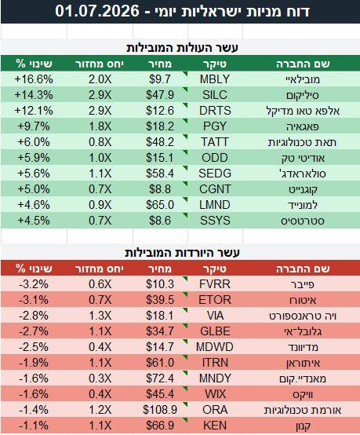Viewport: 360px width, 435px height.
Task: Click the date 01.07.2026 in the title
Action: coord(97,11)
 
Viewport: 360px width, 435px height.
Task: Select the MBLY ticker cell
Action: coord(215,79)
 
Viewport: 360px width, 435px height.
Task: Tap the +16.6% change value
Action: coord(34,79)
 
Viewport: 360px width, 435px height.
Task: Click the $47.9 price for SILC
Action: coord(160,95)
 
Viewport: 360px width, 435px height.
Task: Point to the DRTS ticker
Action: coord(215,111)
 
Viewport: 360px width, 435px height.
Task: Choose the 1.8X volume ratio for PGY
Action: coord(100,126)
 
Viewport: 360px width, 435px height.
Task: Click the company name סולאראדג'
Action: coord(303,174)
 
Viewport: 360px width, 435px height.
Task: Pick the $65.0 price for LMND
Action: coord(160,205)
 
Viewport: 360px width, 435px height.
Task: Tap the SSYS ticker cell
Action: coord(215,221)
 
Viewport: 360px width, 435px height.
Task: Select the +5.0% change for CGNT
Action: coord(34,189)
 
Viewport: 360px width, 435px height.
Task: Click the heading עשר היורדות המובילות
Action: coord(183,253)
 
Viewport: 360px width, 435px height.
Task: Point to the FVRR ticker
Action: coord(215,284)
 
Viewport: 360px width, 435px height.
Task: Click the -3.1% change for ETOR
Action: coord(34,300)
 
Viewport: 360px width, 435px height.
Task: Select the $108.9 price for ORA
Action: coord(160,410)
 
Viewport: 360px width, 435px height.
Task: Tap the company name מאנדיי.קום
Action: coord(303,378)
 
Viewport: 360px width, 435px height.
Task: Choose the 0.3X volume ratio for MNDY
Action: coord(100,378)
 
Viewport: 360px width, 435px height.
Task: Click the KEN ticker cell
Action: coord(215,426)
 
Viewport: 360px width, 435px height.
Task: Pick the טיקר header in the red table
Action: coord(215,269)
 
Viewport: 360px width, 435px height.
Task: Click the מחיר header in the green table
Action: coord(160,64)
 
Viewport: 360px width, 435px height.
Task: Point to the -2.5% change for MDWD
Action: coord(34,347)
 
